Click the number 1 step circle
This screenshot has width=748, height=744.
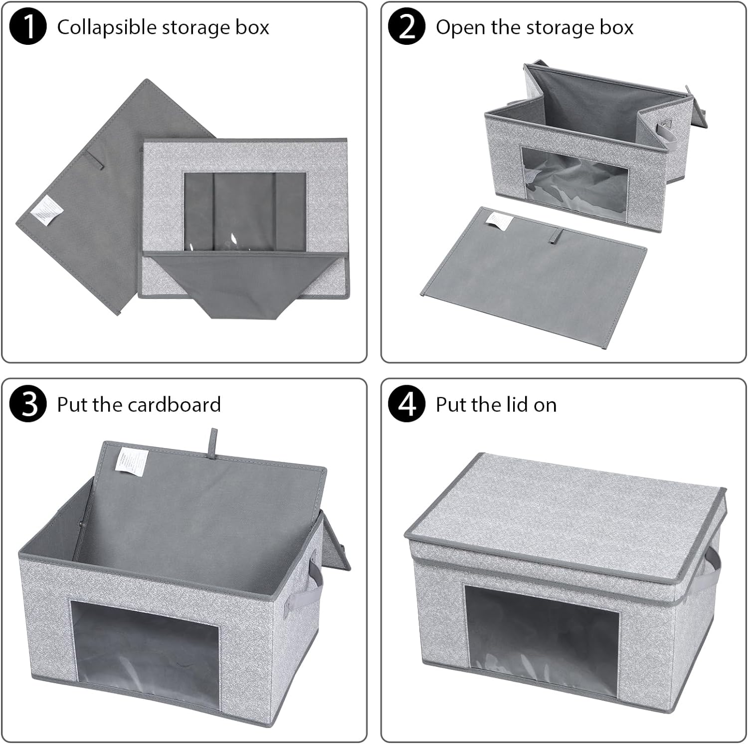(28, 27)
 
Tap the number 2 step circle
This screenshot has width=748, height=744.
(406, 27)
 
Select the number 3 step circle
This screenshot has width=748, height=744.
(28, 404)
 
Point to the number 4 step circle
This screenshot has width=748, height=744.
(406, 404)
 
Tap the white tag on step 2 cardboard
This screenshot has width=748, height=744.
(499, 221)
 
